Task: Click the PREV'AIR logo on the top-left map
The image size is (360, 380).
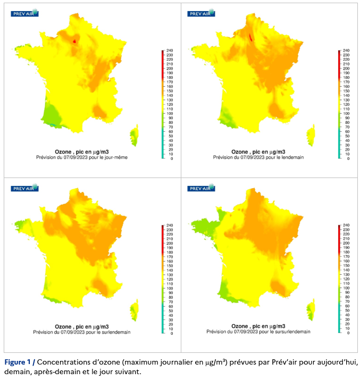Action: pos(24,13)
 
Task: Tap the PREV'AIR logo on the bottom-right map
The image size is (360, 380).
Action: pos(201,188)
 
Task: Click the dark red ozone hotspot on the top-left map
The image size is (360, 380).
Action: pos(74,40)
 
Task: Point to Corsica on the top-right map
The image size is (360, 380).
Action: pos(311,134)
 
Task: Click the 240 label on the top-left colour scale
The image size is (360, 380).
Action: pos(169,50)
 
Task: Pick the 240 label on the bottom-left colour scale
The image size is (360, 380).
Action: pos(169,226)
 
